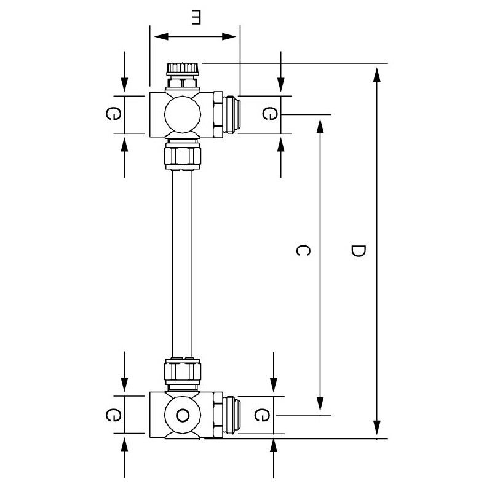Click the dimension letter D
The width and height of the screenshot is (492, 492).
(358, 251)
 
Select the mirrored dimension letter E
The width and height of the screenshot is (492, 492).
(196, 18)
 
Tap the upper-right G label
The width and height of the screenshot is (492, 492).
(269, 114)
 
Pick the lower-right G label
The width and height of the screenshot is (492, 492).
(261, 415)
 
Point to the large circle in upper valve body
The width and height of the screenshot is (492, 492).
(182, 114)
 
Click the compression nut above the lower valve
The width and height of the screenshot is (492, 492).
(183, 371)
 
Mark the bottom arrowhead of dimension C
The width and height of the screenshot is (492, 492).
(320, 406)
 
